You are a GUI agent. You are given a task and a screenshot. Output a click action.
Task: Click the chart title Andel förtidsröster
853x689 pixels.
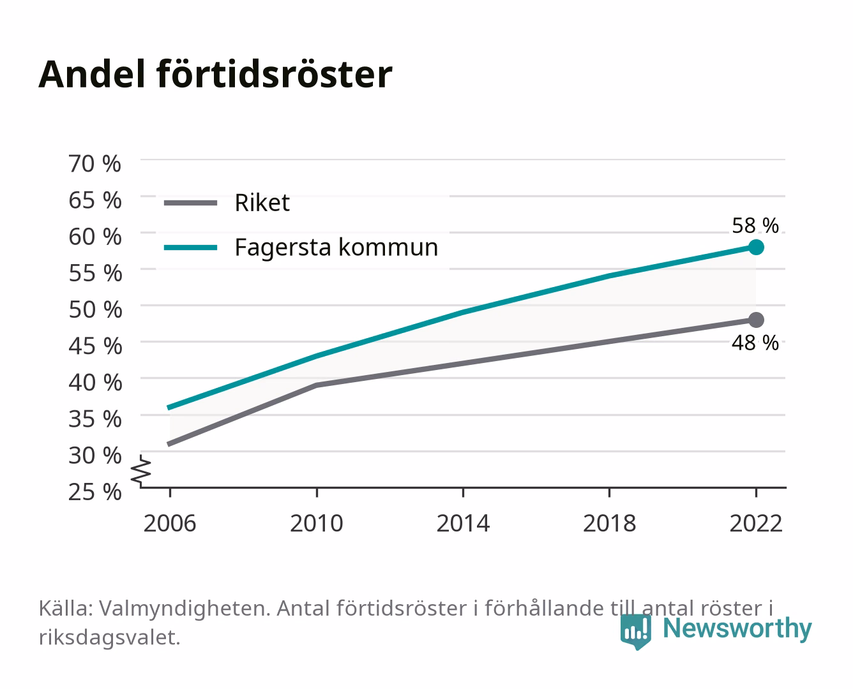[215, 75]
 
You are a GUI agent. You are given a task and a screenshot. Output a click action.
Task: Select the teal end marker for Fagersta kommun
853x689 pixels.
[756, 248]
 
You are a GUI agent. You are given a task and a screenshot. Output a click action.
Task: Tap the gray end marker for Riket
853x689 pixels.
[756, 320]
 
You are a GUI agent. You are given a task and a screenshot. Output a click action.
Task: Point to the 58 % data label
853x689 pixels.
[755, 226]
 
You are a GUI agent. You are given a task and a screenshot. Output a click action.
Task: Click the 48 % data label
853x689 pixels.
[755, 343]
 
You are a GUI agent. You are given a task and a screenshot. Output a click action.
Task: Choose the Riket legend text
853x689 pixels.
[262, 203]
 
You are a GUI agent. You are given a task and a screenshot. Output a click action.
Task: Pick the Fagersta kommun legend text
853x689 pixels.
[336, 248]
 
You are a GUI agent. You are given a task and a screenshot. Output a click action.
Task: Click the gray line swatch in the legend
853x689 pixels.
[191, 203]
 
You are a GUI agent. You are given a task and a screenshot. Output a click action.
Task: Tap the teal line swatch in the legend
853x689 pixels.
[191, 248]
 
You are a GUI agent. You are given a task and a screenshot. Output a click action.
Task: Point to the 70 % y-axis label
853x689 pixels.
[95, 164]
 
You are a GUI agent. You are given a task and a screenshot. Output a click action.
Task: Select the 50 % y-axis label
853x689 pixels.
[95, 309]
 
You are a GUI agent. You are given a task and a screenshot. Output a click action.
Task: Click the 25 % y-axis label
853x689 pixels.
[95, 492]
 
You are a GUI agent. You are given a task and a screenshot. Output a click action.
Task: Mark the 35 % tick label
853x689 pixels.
[95, 419]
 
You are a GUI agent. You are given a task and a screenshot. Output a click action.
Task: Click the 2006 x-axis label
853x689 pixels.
[170, 523]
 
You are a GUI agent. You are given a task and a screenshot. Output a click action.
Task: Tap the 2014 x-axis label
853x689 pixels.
[463, 523]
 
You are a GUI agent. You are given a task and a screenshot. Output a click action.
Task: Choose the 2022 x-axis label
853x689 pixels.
[756, 523]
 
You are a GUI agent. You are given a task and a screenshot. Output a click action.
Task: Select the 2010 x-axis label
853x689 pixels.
[317, 523]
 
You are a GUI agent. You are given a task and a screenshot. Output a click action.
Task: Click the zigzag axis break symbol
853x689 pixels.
[141, 471]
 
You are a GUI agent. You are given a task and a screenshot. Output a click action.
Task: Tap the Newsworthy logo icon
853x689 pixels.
[635, 632]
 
